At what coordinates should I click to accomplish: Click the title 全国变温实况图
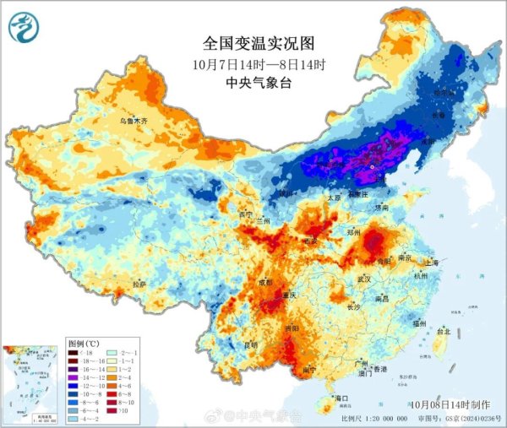point(253,42)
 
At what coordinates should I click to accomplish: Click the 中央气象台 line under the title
point(253,82)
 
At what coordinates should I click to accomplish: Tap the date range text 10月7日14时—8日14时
point(253,63)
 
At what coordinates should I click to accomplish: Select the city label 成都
point(267,282)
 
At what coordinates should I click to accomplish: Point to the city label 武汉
point(365,279)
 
